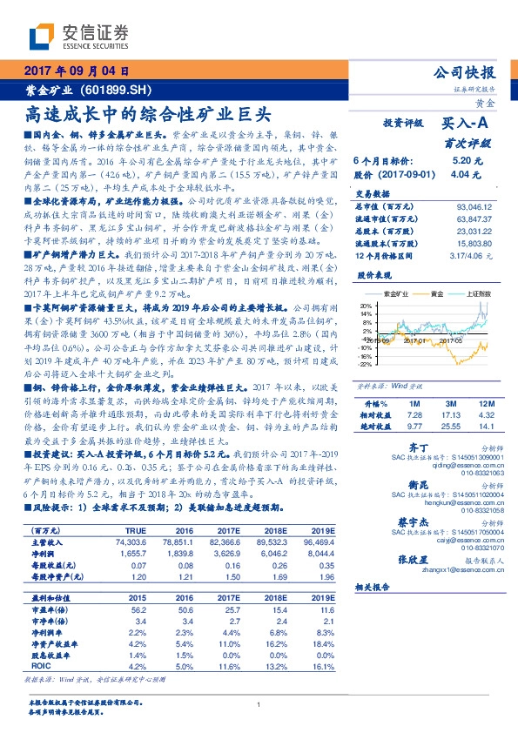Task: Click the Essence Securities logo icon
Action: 44,35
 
